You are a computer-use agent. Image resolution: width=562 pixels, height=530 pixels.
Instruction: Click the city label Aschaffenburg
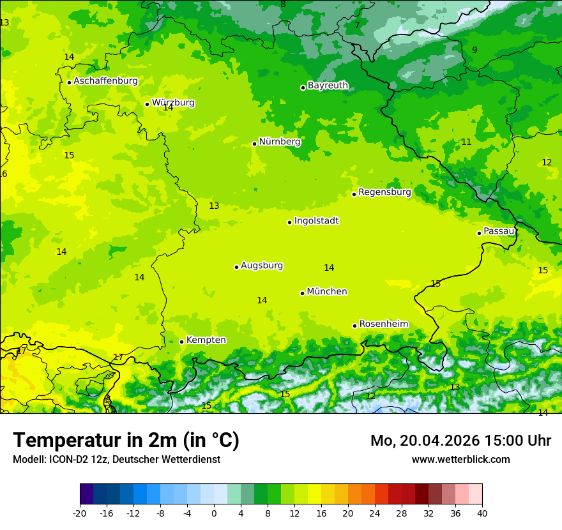tap(105, 81)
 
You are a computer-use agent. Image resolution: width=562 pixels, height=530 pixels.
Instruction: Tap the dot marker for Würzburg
tap(147, 104)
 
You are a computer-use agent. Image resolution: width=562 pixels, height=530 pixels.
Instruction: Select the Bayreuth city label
tap(328, 86)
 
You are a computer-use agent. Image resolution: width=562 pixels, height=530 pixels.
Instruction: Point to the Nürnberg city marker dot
tap(254, 144)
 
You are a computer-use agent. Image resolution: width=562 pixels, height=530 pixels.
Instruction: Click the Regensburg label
tap(384, 192)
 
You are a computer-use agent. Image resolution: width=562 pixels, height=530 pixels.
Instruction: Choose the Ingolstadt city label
tap(316, 221)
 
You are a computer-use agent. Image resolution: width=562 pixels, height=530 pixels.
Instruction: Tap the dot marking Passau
tap(479, 233)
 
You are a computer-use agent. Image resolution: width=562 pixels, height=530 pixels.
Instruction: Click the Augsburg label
tap(262, 266)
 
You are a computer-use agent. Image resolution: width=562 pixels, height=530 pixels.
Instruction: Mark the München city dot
tap(302, 293)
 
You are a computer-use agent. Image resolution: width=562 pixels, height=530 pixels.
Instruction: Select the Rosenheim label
tap(383, 324)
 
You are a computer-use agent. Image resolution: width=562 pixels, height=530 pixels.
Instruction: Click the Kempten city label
tap(206, 340)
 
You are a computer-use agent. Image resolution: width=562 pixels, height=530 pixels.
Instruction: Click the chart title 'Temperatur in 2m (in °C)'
tap(126, 441)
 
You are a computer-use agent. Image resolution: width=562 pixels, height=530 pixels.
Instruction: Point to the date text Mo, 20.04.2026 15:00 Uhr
tap(460, 441)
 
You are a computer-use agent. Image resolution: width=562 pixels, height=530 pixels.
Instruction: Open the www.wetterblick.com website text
tap(460, 460)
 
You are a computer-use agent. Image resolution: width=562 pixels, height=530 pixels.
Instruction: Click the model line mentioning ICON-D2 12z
tap(116, 460)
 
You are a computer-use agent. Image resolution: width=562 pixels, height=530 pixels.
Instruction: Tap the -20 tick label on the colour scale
tap(80, 513)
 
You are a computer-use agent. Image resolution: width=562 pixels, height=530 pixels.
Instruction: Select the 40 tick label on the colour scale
tap(482, 513)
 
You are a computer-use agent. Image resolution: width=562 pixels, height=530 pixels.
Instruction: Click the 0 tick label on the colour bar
tap(214, 513)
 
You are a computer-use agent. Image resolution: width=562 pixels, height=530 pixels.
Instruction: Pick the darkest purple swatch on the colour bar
tap(86, 494)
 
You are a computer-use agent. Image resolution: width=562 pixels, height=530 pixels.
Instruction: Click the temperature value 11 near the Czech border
tap(466, 142)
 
